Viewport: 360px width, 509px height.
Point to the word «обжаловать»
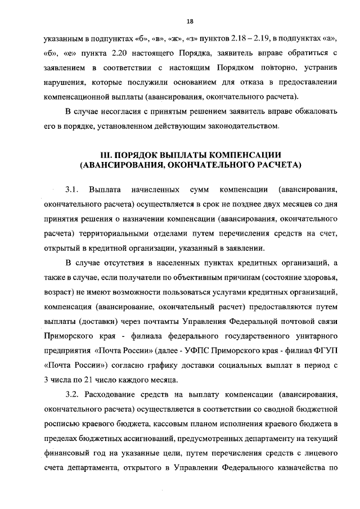[312, 111]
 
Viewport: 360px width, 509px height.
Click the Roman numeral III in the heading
[107, 154]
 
